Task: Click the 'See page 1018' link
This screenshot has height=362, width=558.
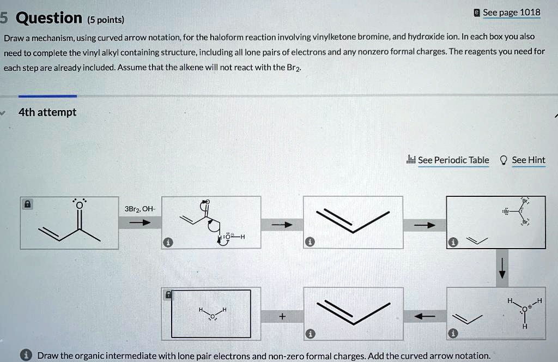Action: tap(511, 13)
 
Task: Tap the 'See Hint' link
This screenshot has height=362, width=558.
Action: tap(528, 160)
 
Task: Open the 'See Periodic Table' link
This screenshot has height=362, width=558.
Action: tap(453, 160)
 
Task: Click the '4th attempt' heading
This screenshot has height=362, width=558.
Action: tap(47, 112)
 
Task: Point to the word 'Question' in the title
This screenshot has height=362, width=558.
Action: tap(49, 19)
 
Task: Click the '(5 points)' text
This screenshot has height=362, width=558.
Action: tap(106, 20)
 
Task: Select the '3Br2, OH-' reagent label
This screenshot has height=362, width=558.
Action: tap(139, 208)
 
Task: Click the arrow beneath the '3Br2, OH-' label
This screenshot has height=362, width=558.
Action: tap(139, 223)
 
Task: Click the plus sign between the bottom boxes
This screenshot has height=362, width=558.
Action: tap(282, 316)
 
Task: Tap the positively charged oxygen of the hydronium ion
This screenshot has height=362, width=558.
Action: tap(524, 309)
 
